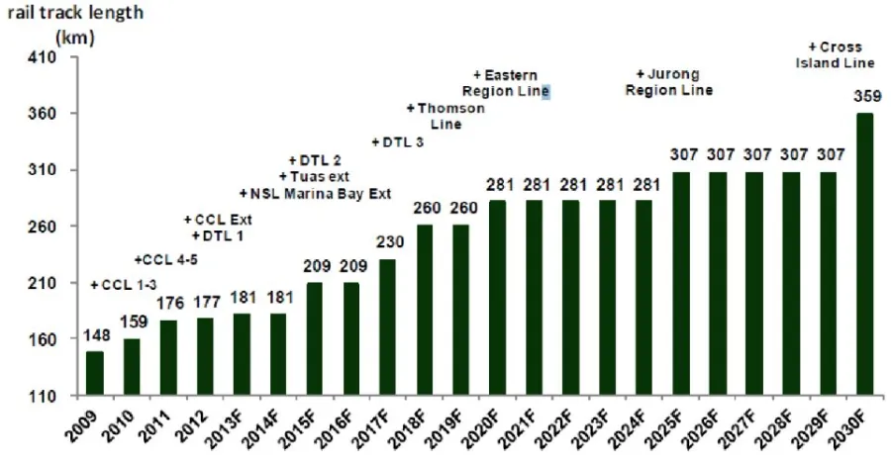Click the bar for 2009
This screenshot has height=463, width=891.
[x=94, y=373]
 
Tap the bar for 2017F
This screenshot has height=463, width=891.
[x=387, y=326]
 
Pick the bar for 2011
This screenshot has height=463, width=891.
[x=167, y=357]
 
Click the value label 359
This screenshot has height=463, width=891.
[x=863, y=98]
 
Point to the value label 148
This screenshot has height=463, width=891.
[x=94, y=336]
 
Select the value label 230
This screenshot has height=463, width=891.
[x=387, y=243]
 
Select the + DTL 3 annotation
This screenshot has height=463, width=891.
[x=397, y=142]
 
